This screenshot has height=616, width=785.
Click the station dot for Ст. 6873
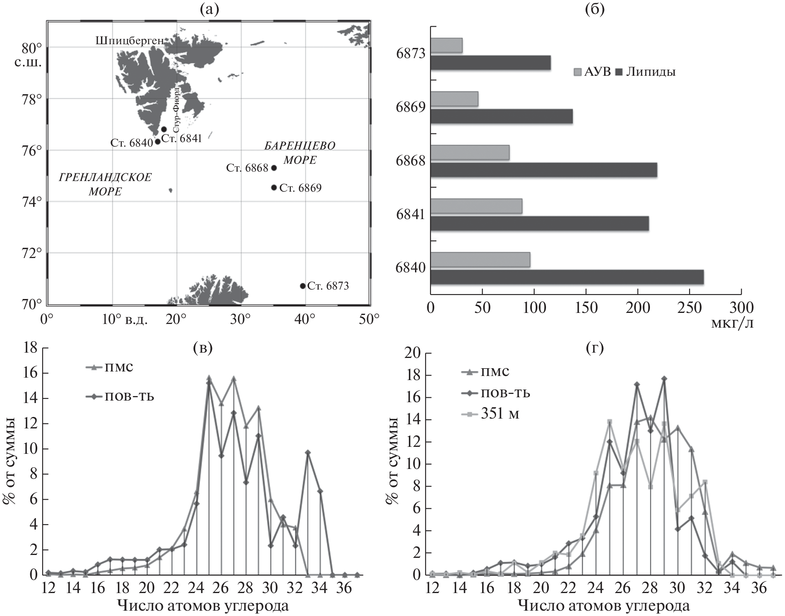[x=302, y=285]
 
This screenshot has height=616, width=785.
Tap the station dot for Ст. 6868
[x=274, y=168]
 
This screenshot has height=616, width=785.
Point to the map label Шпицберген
[x=130, y=41]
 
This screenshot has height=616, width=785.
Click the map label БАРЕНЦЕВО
[x=300, y=146]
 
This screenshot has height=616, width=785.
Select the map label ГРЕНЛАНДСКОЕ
[x=105, y=177]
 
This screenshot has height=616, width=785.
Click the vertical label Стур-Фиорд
[x=176, y=109]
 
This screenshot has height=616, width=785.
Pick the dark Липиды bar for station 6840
[x=567, y=277]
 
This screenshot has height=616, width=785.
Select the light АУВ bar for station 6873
[x=447, y=45]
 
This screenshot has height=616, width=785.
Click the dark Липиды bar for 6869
[x=501, y=116]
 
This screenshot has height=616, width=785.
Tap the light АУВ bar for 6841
[x=476, y=206]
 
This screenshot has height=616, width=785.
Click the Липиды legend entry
[x=645, y=72]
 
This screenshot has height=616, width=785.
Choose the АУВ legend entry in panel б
[x=592, y=72]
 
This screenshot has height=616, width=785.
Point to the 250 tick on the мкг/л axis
[x=689, y=307]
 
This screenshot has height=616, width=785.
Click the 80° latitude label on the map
[x=32, y=48]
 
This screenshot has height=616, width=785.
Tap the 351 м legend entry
[x=491, y=414]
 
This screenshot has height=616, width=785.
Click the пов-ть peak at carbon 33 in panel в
[x=308, y=452]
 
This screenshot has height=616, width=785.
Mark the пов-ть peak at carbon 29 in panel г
[x=664, y=378]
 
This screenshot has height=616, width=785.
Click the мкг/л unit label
[x=732, y=324]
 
